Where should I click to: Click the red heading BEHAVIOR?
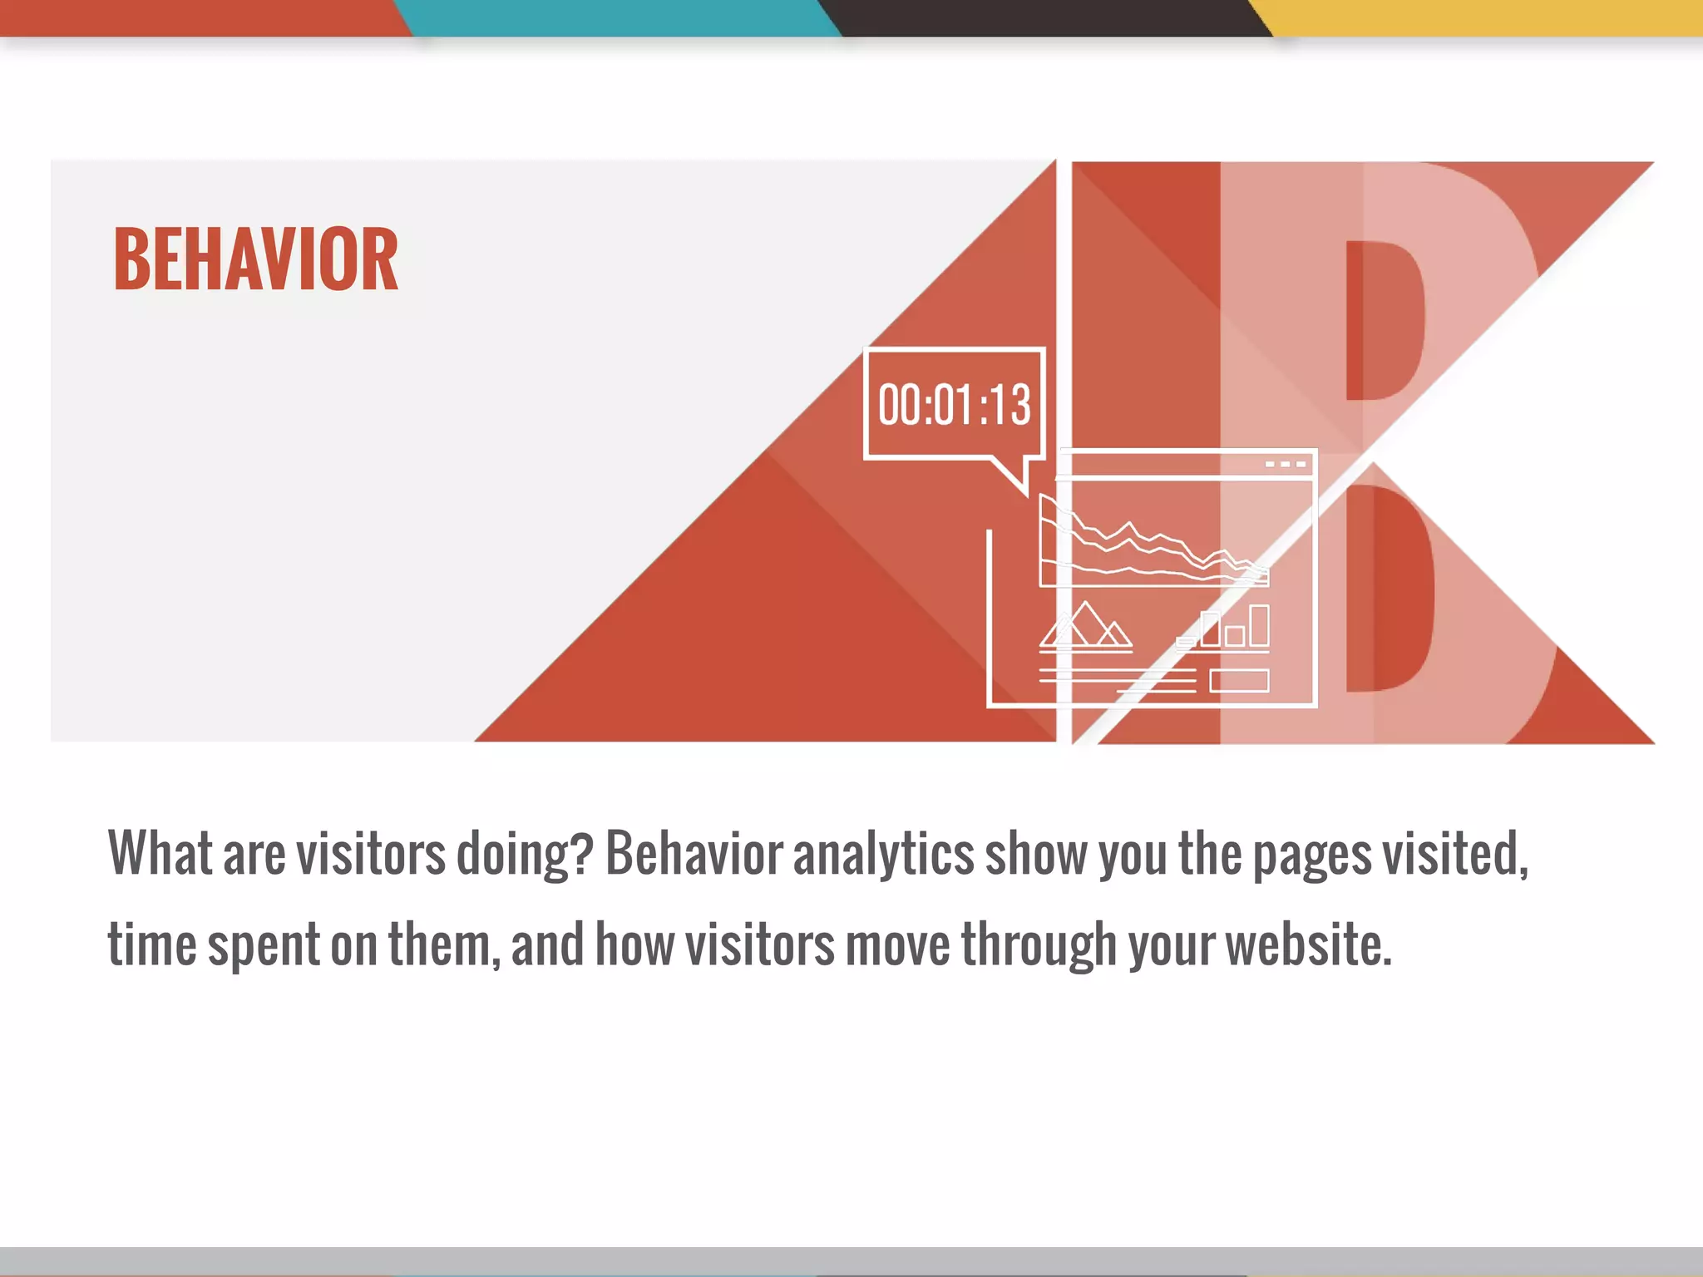click(256, 259)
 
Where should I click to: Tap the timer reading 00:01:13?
click(954, 405)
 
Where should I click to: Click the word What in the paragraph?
click(160, 853)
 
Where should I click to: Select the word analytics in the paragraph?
click(883, 855)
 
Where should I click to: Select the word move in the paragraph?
click(897, 945)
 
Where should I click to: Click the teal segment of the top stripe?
click(619, 17)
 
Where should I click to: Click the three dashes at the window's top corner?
click(1285, 464)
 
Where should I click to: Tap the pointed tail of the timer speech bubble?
click(1019, 477)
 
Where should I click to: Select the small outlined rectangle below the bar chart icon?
click(1239, 681)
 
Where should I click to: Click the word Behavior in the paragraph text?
click(694, 853)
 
